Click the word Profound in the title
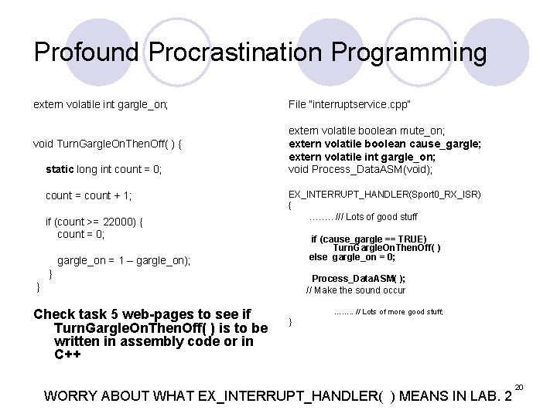[x=87, y=53]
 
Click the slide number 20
[x=519, y=386]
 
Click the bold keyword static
[x=61, y=168]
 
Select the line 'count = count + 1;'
[x=89, y=195]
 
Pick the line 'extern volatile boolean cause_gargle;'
[x=384, y=144]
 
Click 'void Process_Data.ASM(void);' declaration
[x=361, y=168]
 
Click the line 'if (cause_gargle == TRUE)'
[x=368, y=239]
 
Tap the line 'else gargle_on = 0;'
[x=352, y=257]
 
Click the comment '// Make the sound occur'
[x=356, y=290]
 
